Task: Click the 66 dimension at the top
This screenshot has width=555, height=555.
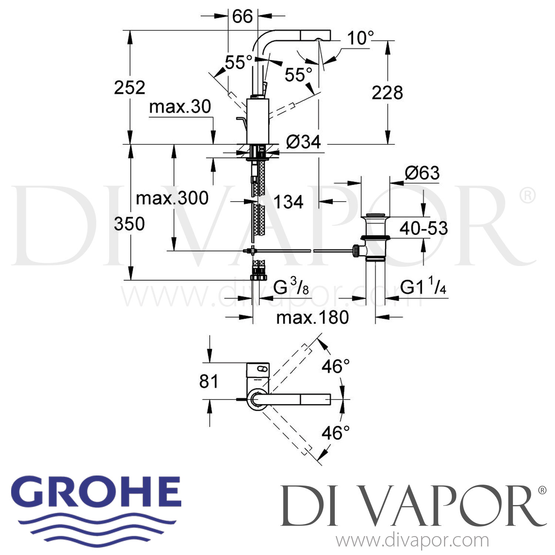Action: point(242,16)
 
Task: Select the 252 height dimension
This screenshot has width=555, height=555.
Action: point(129,88)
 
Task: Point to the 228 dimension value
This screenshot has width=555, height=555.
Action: point(387,92)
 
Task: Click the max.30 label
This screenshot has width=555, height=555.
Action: point(180,107)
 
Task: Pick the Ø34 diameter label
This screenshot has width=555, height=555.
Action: point(303,142)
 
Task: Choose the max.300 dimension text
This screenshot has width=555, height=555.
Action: point(172,198)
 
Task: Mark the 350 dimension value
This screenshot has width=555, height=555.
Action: point(129,224)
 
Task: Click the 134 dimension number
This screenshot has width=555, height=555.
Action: point(288,202)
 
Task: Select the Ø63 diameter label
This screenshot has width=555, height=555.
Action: point(422,173)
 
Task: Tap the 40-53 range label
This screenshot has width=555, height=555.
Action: point(424,228)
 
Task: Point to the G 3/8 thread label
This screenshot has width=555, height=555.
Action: point(291,286)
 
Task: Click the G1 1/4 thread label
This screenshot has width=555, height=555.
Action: point(423,287)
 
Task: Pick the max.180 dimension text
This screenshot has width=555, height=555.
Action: point(312,317)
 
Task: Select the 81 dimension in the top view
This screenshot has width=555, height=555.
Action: point(209,381)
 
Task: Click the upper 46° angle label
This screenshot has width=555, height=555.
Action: point(335,366)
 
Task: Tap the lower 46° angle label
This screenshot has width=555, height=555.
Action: point(335,433)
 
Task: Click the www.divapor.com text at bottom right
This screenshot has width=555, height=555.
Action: point(412,541)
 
